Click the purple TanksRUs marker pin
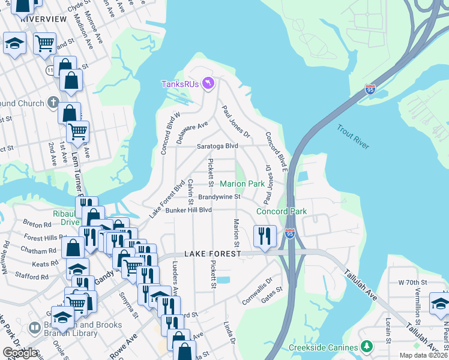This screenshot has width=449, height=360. click(x=208, y=83)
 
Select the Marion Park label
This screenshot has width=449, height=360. click(x=242, y=184)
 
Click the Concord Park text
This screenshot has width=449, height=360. click(x=282, y=211)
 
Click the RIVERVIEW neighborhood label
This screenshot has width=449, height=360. click(x=43, y=19)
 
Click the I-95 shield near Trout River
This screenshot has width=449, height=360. click(x=370, y=90)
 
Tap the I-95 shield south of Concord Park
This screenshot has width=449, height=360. click(x=290, y=233)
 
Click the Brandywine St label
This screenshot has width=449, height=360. click(x=219, y=197)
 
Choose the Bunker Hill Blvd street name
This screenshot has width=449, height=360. click(x=189, y=210)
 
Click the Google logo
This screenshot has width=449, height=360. click(x=20, y=353)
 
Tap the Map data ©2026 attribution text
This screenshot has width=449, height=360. click(x=423, y=355)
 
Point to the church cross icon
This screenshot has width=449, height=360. click(x=53, y=102)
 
